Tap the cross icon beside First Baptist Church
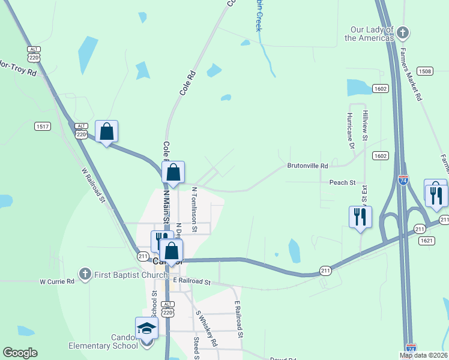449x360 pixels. pos(85,275)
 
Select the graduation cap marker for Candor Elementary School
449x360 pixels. pos(146,328)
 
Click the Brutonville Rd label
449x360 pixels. pos(308,166)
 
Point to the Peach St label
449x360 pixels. pos(342,182)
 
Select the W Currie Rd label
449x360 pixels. pos(57,281)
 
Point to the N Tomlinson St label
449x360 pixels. pos(194,209)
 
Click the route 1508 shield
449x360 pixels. pos(426,71)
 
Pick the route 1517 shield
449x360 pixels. pos(42,126)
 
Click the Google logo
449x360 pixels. pos(20,352)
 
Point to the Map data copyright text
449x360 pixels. pos(423,355)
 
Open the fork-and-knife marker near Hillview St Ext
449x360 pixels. pos(360,217)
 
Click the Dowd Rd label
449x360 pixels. pos(283,358)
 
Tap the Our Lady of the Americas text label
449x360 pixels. pos(369,34)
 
